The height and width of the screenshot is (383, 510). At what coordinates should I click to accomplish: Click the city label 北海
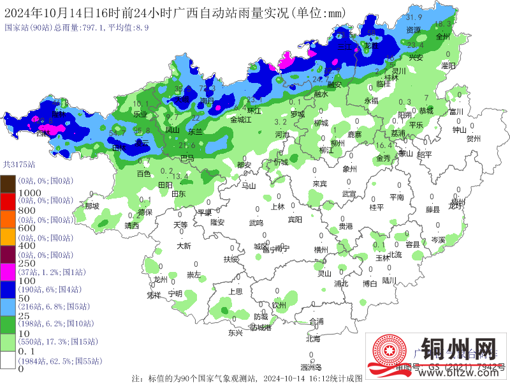pyautogui.click(x=313, y=339)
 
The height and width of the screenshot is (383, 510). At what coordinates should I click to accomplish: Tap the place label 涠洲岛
pyautogui.click(x=311, y=367)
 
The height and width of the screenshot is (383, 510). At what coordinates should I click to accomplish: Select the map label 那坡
pyautogui.click(x=92, y=206)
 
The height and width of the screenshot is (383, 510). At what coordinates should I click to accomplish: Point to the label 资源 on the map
pyautogui.click(x=413, y=29)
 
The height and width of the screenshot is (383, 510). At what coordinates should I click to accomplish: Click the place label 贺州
pyautogui.click(x=473, y=138)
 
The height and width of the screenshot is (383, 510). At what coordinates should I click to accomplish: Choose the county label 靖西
pyautogui.click(x=131, y=225)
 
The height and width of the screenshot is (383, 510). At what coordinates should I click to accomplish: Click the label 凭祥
pyautogui.click(x=154, y=295)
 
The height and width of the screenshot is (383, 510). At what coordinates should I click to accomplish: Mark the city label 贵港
pyautogui.click(x=346, y=226)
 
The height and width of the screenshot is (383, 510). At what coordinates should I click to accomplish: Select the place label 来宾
pyautogui.click(x=319, y=183)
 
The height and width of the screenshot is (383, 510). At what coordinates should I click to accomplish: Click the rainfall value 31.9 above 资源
pyautogui.click(x=414, y=17)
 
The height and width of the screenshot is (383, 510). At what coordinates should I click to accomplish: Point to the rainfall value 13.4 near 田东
pyautogui.click(x=180, y=176)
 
